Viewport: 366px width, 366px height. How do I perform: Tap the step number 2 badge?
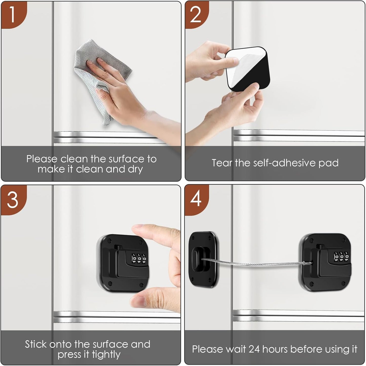tap(195, 15)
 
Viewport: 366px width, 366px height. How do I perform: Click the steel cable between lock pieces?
tap(256, 264)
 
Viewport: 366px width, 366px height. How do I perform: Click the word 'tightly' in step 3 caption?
tap(106, 355)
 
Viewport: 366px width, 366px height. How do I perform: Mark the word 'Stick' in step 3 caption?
tap(35, 344)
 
